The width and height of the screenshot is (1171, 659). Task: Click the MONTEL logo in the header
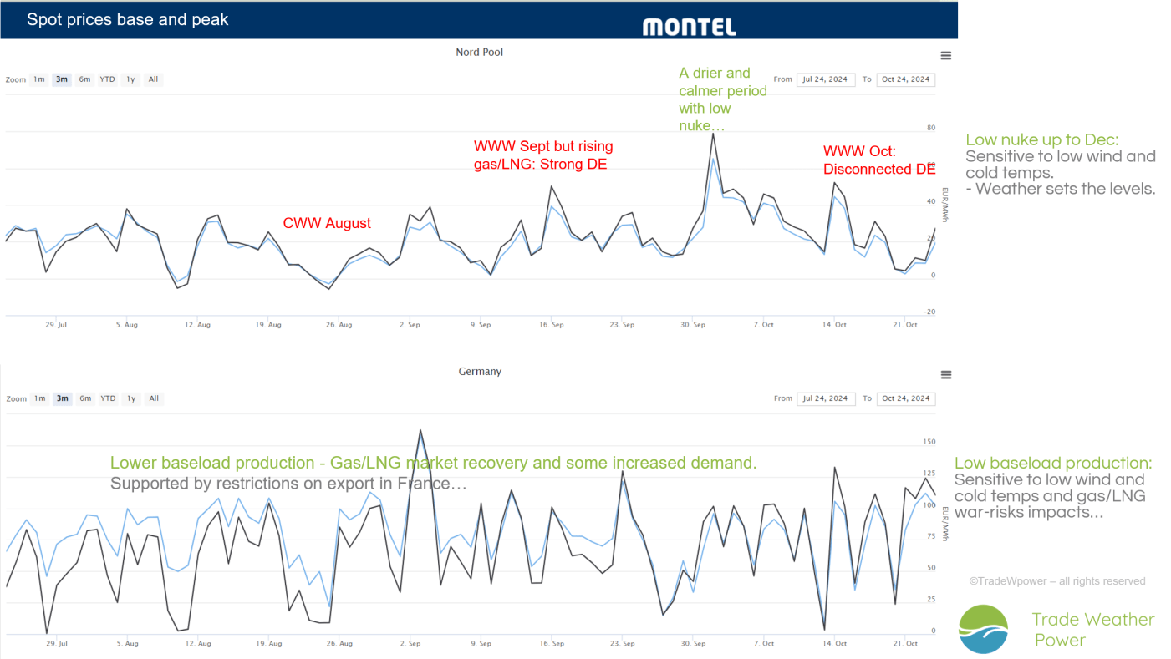click(689, 28)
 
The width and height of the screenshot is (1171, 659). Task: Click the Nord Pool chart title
click(480, 53)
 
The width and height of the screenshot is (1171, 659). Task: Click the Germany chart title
click(480, 372)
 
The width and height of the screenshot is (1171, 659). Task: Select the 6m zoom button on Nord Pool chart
click(84, 79)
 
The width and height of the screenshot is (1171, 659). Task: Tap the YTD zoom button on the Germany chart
click(108, 398)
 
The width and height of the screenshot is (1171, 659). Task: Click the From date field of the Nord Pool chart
click(826, 79)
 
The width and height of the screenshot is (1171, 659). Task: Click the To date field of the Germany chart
click(906, 398)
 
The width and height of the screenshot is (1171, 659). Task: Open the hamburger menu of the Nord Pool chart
click(945, 56)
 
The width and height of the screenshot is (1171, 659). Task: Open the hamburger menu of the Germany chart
click(945, 375)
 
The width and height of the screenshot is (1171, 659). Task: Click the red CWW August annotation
click(327, 223)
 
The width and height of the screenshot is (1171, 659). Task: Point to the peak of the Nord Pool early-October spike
click(713, 134)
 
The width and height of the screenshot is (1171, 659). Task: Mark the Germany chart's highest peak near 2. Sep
click(420, 430)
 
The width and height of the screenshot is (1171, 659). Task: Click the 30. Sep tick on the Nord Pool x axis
click(693, 325)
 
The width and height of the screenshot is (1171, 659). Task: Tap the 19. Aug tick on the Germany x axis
click(268, 643)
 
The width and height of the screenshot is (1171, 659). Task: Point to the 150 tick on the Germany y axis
click(929, 442)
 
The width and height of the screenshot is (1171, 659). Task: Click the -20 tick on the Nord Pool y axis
click(929, 312)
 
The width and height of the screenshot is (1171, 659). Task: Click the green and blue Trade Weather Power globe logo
click(983, 629)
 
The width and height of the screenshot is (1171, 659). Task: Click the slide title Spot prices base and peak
click(128, 20)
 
